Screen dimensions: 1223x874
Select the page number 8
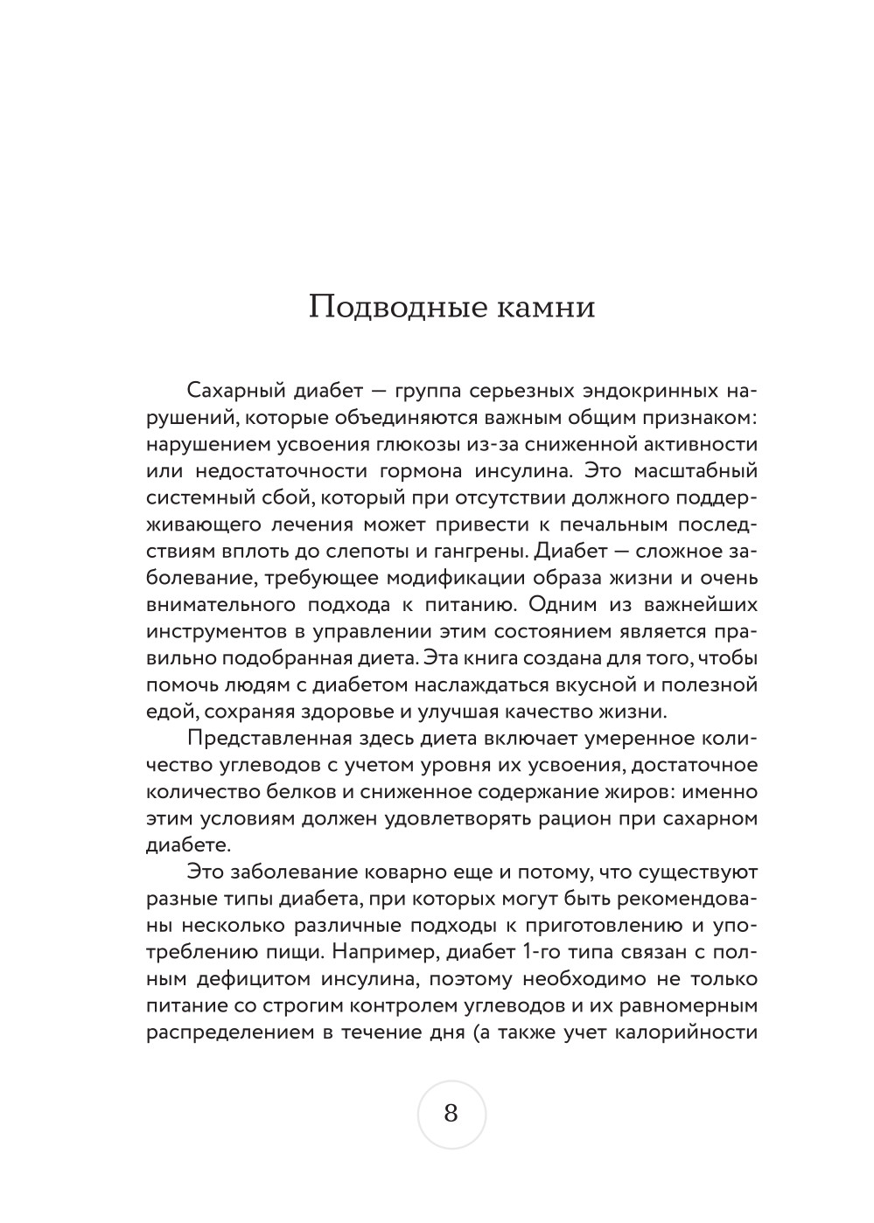451,1114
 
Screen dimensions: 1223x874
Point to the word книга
486,659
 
